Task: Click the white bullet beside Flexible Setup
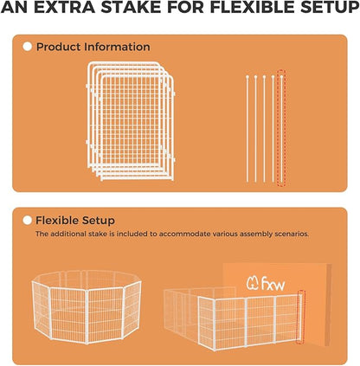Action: click(28, 221)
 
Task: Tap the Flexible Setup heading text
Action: click(75, 221)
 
